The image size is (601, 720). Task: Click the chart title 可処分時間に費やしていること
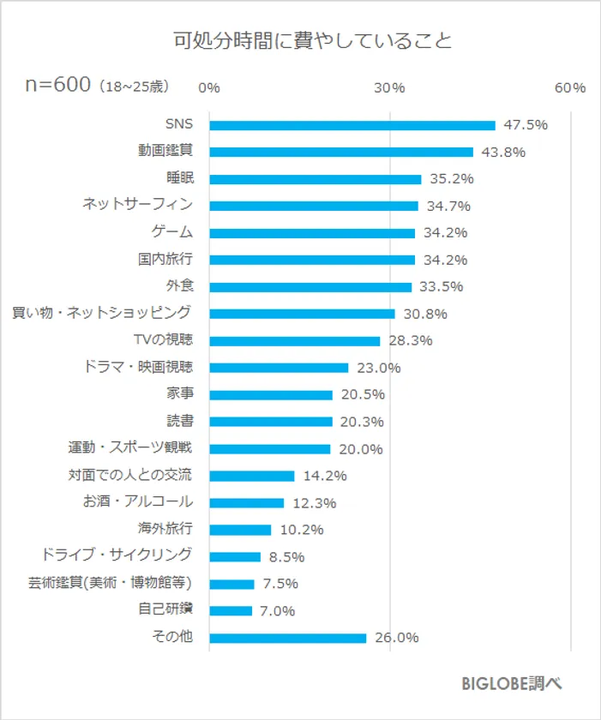coord(300,41)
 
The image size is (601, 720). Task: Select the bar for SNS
coord(352,125)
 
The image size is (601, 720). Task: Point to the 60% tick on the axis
coord(570,88)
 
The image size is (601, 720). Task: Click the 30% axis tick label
coord(390,88)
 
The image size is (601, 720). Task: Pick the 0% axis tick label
coord(209,88)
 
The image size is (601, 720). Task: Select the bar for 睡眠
coord(316,179)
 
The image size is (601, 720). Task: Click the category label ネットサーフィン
coord(137,205)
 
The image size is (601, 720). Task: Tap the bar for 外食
coord(310,287)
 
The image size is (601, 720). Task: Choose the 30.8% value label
coord(425,315)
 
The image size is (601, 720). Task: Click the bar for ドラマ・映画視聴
coord(279,368)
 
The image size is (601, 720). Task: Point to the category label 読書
coord(179,421)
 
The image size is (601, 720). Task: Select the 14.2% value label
coord(325,476)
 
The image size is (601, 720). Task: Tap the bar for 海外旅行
coord(240,530)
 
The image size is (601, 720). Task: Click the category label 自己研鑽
coord(165,610)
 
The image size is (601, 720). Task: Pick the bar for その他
coord(288,638)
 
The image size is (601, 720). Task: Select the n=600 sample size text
coord(57,87)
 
